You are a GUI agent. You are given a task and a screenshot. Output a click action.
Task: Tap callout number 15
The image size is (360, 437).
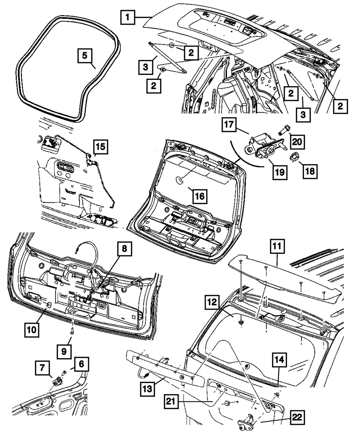pyautogui.click(x=101, y=147)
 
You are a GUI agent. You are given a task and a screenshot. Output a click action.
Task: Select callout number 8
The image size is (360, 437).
pyautogui.click(x=123, y=248)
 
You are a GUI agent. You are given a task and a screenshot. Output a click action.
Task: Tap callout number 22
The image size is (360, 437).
pyautogui.click(x=299, y=418)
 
